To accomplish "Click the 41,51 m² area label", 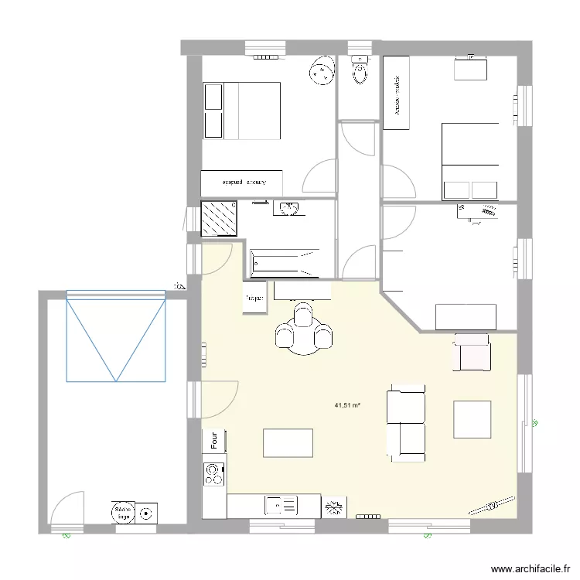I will [349, 404].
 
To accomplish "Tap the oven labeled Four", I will [213, 441].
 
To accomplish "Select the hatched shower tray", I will [217, 218].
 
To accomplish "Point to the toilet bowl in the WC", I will [359, 72].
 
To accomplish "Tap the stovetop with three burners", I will [213, 474].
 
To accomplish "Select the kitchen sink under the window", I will [281, 506].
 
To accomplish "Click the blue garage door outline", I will [115, 336].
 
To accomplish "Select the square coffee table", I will [473, 419].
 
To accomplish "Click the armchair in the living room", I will [472, 352].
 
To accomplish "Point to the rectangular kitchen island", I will [288, 443].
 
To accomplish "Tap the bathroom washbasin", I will [288, 209].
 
